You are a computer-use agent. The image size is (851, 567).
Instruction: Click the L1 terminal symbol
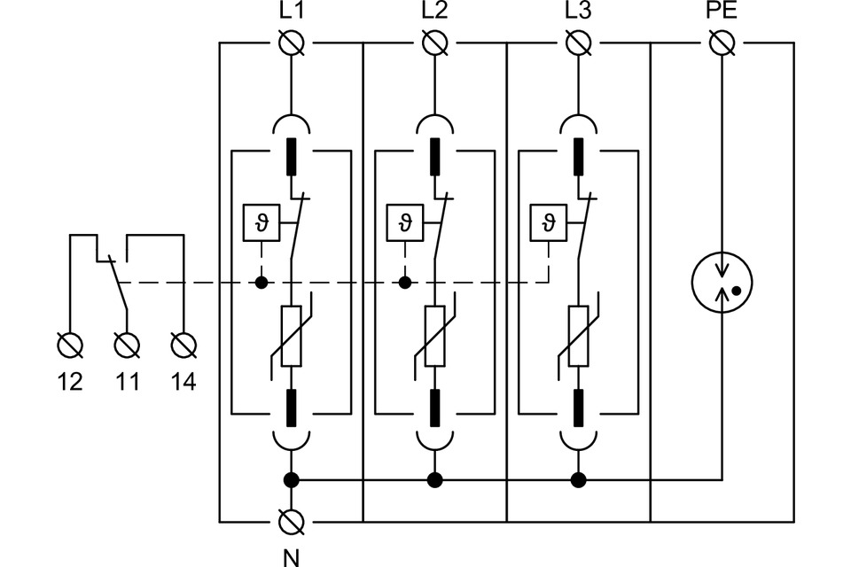pos(290,42)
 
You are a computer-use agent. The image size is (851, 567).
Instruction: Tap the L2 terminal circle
pos(434,42)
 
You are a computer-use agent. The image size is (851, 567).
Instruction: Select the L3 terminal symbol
pos(579,42)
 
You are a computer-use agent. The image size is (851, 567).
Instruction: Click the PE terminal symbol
pos(722,42)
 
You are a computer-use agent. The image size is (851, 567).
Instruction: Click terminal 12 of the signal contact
pos(70,342)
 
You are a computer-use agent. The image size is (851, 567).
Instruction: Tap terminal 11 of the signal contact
pos(128,342)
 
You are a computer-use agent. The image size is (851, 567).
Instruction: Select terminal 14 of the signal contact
pos(183,342)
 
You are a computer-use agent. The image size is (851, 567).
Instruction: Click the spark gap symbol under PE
pos(722,283)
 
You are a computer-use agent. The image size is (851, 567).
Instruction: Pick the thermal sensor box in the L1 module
pos(261,221)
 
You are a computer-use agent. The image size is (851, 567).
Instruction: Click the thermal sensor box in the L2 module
pos(405,221)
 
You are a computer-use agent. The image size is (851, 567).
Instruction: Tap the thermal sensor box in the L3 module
pos(549,221)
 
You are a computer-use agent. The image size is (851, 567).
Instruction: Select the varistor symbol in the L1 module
pos(290,337)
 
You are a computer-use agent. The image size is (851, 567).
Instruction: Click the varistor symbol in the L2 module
pos(434,337)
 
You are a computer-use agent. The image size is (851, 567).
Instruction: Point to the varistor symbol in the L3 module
pos(579,337)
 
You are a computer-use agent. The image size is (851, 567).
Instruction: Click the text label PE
pos(722,12)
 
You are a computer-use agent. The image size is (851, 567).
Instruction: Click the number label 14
pos(183,382)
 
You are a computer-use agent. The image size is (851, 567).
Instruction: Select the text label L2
pos(434,12)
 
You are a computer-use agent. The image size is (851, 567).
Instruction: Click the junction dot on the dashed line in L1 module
pos(261,283)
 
